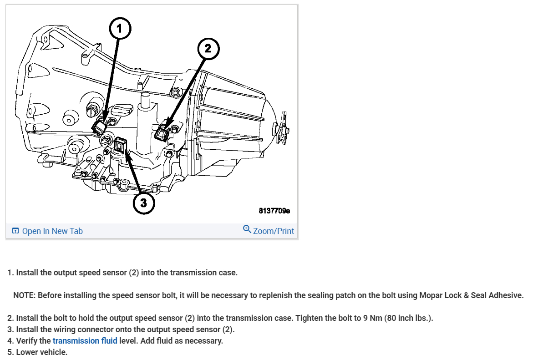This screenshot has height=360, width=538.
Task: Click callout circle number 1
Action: click(x=120, y=29)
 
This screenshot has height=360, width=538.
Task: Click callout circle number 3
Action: click(x=143, y=203)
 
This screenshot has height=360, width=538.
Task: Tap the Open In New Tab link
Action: click(x=52, y=231)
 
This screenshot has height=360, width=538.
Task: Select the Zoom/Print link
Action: click(x=273, y=231)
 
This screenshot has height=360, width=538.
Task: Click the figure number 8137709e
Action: click(x=274, y=211)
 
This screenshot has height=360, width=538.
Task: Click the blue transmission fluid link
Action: click(x=85, y=341)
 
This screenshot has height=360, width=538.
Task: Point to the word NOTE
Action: click(x=24, y=295)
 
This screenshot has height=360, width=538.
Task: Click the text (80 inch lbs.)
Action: click(x=409, y=318)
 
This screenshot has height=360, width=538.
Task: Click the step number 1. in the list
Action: click(x=10, y=273)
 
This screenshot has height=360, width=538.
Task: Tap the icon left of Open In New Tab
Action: click(x=15, y=231)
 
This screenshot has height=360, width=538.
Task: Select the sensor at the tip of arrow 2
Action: click(x=162, y=133)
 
